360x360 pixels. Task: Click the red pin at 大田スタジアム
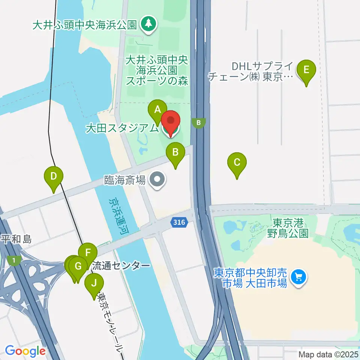[x=171, y=122]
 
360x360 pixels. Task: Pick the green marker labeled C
[x=237, y=163]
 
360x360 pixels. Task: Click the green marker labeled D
[x=54, y=177]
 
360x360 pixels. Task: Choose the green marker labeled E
[x=306, y=70]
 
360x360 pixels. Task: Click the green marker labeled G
[x=78, y=267]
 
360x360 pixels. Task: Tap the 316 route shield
[x=178, y=222]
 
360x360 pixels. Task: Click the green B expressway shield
[x=199, y=123]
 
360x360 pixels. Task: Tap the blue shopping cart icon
[x=298, y=277]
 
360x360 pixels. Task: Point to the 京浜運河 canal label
[x=117, y=217]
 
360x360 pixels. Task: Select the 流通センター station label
[x=121, y=266]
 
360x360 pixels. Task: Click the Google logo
[x=25, y=351]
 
